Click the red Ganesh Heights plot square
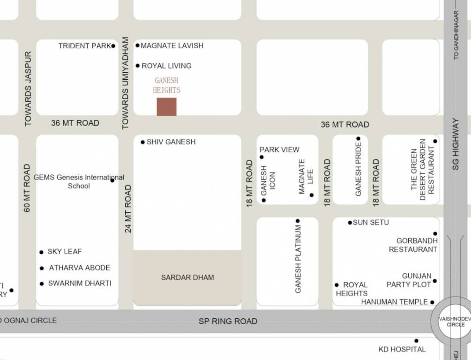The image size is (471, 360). pos(166,107)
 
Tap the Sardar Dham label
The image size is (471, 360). pos(187,277)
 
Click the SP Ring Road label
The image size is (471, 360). pos(228,321)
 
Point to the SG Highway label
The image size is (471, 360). pos(456,143)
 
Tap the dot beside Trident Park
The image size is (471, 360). pos(113,46)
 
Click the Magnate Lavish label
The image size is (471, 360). pos(172,45)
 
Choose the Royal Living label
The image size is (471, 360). pos(166,66)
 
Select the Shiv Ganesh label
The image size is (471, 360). pos(171,142)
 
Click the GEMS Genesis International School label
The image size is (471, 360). pos(79,181)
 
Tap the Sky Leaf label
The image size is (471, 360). pos(65,252)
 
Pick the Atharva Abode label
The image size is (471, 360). pos(80,268)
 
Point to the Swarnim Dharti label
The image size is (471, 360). pos(80,283)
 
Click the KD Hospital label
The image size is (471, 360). pos(402,349)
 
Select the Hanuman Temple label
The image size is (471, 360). pos(395,302)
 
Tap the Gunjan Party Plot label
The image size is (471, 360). pos(409,280)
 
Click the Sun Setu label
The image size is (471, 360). pos(371,222)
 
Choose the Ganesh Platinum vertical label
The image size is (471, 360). pos(298,259)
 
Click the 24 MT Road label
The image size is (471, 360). pos(128,209)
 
